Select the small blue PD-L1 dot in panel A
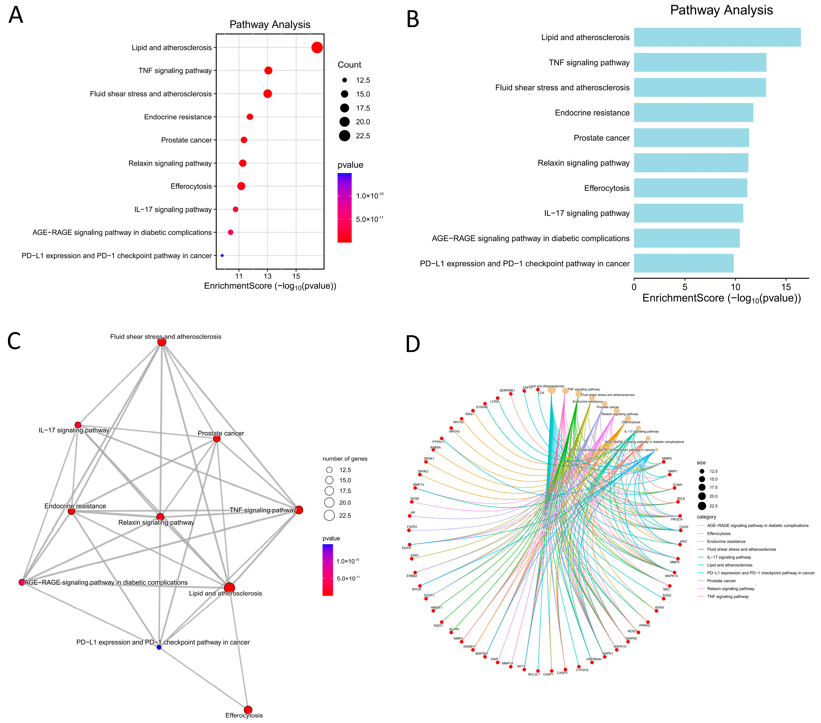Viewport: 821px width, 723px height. click(222, 256)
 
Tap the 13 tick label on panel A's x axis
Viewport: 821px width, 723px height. click(268, 276)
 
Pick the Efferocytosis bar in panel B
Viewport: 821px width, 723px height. click(690, 188)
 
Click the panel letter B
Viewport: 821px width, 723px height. click(412, 19)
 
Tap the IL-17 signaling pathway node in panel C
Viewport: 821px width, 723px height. click(78, 425)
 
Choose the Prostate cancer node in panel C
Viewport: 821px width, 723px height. click(217, 439)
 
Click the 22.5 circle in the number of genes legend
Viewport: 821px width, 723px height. click(329, 516)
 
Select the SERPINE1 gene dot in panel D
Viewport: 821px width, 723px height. click(510, 394)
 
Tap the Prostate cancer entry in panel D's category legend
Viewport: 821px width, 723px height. click(721, 581)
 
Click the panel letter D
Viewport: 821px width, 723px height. click(412, 344)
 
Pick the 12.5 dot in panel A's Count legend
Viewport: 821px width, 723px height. click(345, 80)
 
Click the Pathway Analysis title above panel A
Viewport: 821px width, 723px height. click(270, 25)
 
